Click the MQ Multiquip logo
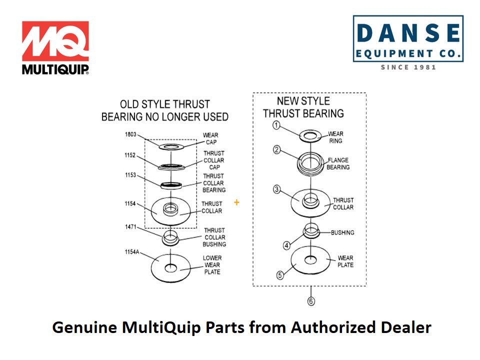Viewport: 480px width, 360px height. point(55,47)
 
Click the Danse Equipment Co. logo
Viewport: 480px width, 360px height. point(408,42)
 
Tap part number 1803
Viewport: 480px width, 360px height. point(130,134)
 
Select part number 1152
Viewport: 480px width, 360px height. point(130,155)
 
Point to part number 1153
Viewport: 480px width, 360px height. point(130,175)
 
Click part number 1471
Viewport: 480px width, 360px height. point(130,227)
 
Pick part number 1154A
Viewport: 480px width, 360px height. point(132,252)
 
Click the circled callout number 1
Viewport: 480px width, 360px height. point(276,125)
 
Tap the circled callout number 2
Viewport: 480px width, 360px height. point(276,149)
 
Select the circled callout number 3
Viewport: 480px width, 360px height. point(276,189)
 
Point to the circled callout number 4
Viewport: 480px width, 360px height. point(286,245)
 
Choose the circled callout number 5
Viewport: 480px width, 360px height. point(280,274)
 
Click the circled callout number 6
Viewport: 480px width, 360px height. point(311,301)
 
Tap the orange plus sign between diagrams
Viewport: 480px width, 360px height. point(236,202)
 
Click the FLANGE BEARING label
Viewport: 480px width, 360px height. point(338,163)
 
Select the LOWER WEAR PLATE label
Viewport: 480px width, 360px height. point(211,265)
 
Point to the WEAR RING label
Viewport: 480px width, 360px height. point(335,137)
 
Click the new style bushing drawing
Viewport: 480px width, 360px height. point(311,231)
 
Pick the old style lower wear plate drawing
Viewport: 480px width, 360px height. point(170,267)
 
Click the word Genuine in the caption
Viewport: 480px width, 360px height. point(84,327)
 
